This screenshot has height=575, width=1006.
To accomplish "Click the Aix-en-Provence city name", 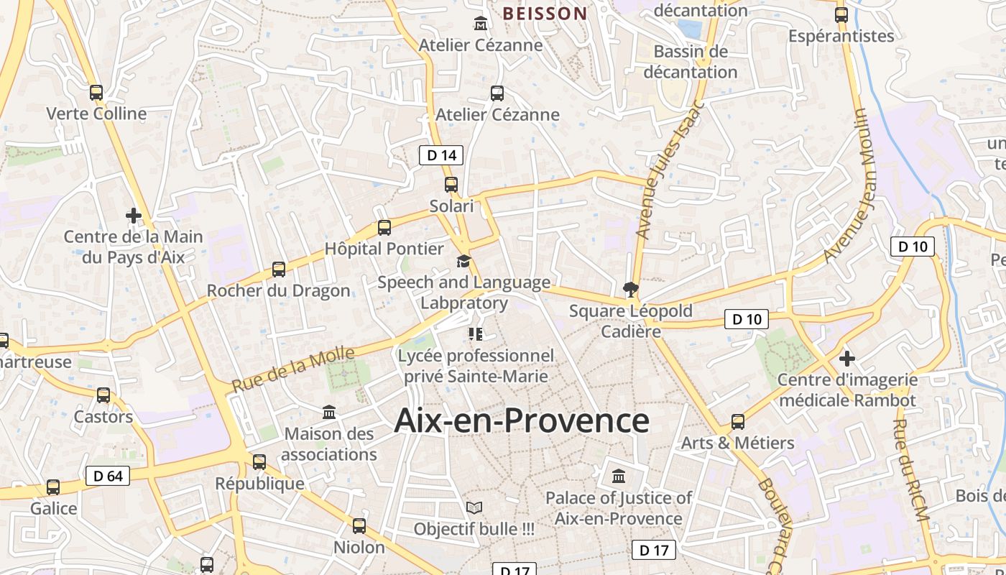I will click(x=522, y=420).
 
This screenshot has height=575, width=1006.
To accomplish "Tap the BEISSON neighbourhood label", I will click(x=545, y=13).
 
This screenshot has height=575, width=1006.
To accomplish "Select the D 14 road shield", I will click(x=441, y=155).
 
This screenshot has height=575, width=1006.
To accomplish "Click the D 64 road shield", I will click(x=108, y=476).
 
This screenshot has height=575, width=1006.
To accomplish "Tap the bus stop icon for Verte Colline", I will click(x=96, y=93).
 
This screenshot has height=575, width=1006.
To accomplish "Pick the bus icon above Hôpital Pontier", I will click(x=384, y=228).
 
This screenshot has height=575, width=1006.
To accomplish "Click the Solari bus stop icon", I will click(x=451, y=185).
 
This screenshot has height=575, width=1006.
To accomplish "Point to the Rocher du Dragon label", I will click(x=279, y=290).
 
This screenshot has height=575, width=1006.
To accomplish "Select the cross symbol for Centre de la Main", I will click(x=133, y=215).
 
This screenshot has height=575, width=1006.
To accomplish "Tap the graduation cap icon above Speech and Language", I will click(x=464, y=261).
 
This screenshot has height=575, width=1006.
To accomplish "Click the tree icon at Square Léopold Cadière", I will click(x=631, y=290).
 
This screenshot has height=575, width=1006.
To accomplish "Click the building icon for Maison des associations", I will click(x=329, y=412).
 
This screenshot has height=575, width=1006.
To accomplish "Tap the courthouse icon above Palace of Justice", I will click(x=619, y=476).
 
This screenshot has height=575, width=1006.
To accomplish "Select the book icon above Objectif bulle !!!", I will click(x=474, y=507).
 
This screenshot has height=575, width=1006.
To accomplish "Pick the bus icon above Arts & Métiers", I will click(x=738, y=421).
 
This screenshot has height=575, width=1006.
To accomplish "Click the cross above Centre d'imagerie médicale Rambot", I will click(x=847, y=358).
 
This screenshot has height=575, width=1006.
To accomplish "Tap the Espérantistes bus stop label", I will click(x=841, y=36).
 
